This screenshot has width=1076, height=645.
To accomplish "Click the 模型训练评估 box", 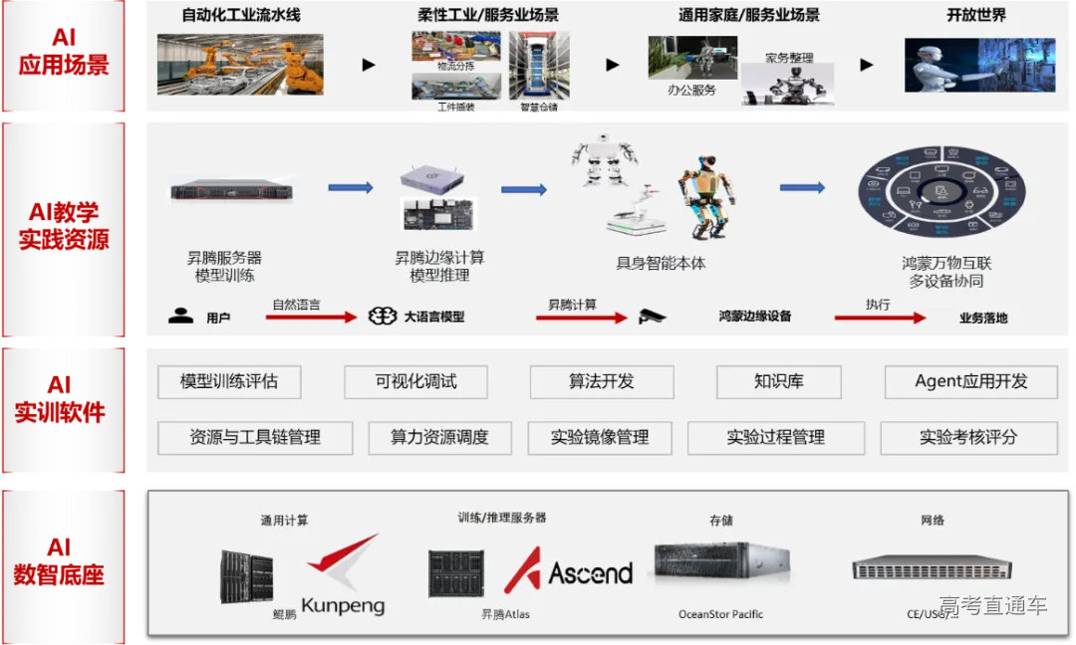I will pos(229,381).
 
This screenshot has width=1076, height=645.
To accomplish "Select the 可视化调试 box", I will pos(415,381).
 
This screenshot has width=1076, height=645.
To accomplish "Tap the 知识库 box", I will pos(778,381).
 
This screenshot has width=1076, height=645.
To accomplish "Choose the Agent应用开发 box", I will pos(970,381).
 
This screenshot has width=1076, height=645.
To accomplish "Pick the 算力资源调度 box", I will pos(439,437).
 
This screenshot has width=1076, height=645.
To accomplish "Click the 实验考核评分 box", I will pos(968,437).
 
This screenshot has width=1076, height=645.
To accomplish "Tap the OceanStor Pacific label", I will pos(720,614).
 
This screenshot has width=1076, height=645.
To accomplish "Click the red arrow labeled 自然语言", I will pos(314,318).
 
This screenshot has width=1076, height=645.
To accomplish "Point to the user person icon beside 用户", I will pos(180,317).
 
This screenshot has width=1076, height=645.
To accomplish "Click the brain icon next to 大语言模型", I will pos(383,317).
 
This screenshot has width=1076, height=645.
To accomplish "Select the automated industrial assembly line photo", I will pos(240,64).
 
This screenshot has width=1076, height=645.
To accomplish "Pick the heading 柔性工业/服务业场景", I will pos(487,15).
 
